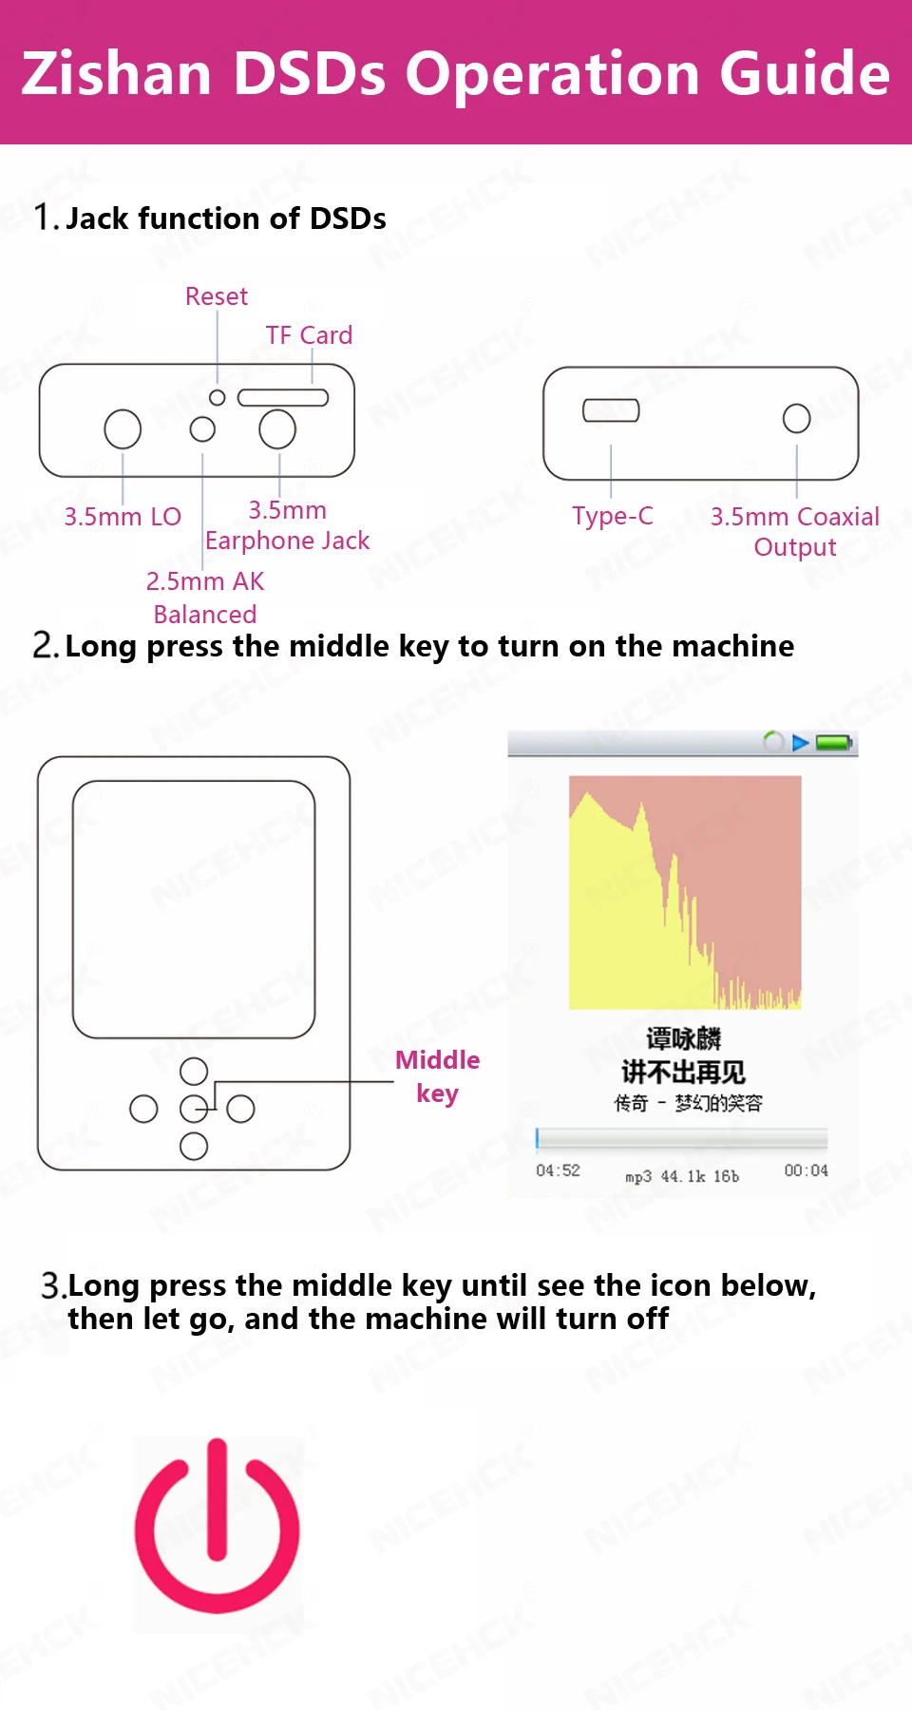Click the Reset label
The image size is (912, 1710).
click(217, 296)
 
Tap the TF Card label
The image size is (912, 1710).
click(309, 335)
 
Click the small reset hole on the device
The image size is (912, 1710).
click(218, 398)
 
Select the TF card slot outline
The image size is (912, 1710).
click(283, 397)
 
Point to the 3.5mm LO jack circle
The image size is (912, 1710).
click(123, 429)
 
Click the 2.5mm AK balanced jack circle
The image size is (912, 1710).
click(202, 429)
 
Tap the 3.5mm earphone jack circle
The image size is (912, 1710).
click(277, 428)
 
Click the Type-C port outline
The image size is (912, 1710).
click(611, 410)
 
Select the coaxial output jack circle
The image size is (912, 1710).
click(797, 418)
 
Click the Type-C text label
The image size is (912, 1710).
click(613, 516)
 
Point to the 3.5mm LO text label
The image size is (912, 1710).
click(123, 517)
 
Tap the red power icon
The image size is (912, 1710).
click(218, 1526)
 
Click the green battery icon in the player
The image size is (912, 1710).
click(835, 742)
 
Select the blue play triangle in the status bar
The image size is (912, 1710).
click(801, 742)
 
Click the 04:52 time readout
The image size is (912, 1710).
click(558, 1170)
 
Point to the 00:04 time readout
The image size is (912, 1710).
click(806, 1170)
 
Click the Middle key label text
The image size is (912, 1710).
click(437, 1076)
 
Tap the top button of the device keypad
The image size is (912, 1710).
click(194, 1072)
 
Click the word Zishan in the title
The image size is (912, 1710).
click(117, 74)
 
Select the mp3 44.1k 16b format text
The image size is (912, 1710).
click(682, 1176)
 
